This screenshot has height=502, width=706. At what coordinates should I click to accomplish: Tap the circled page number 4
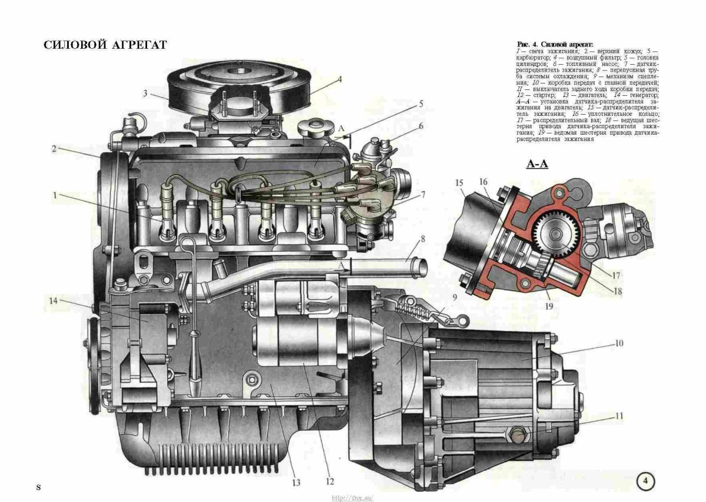point(645,481)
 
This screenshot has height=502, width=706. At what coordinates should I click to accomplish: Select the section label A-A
point(537,164)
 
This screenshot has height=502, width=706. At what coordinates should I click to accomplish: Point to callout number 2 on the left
point(54,149)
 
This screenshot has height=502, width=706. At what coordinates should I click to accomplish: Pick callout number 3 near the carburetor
point(144,93)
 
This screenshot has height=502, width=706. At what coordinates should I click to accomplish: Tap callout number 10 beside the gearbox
point(619,342)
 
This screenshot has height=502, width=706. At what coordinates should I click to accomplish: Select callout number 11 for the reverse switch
point(619,416)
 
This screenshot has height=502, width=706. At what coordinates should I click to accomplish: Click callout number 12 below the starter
point(329,482)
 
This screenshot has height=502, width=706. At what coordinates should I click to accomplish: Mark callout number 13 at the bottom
point(296,483)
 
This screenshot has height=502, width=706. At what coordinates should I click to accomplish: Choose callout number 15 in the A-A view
point(459,183)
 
